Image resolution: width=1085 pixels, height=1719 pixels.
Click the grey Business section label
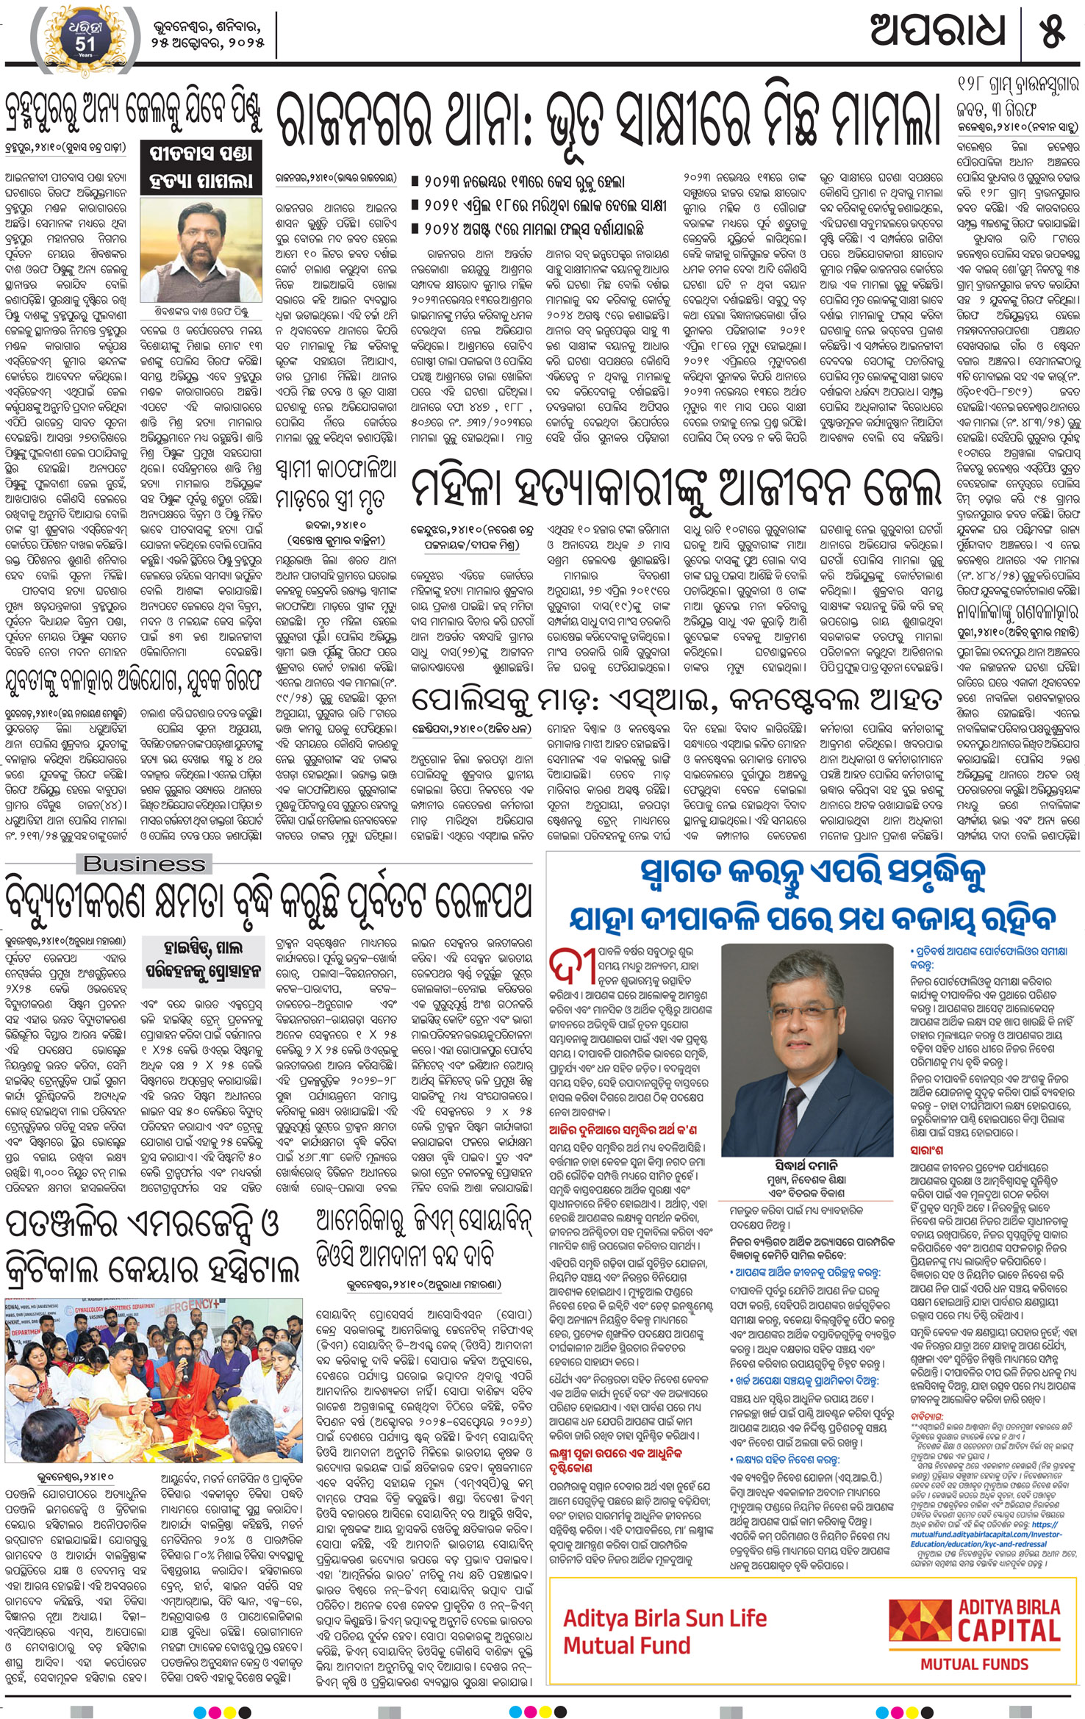coord(144,864)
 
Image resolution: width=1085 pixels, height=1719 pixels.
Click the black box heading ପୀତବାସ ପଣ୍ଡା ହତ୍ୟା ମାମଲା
coord(201,168)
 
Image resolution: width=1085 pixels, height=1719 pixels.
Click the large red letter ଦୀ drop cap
coord(573,970)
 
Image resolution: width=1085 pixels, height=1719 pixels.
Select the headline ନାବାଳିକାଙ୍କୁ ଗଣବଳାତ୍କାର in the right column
coord(1018,611)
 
